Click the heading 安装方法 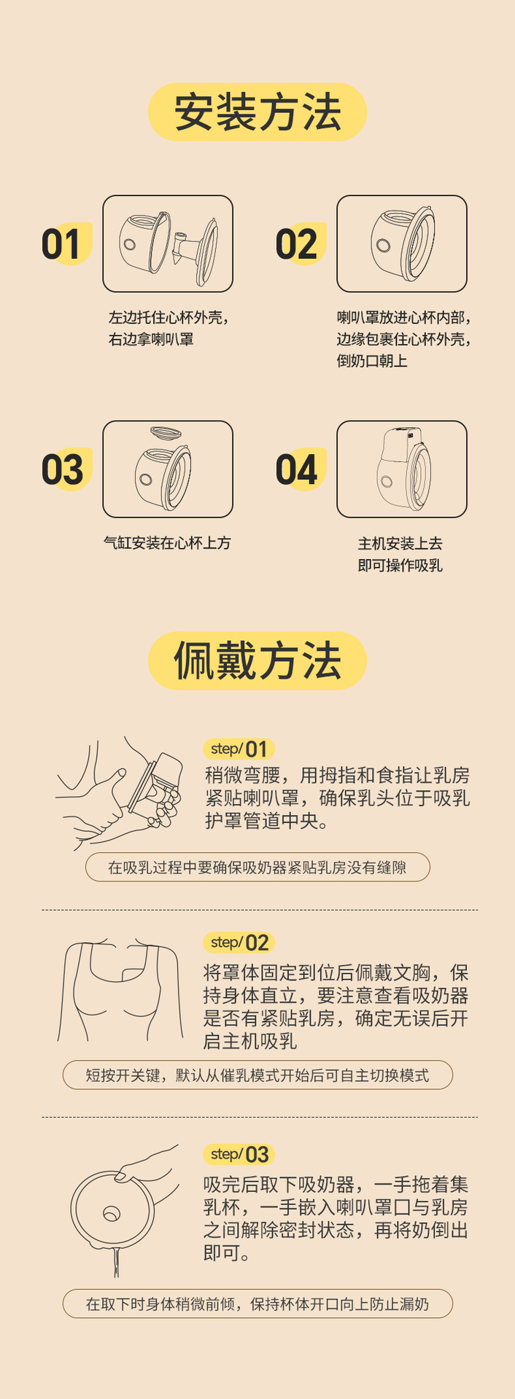click(x=257, y=112)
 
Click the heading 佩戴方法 click(x=257, y=660)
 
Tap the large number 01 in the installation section click(x=61, y=244)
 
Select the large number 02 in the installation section click(x=296, y=244)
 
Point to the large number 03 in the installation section click(x=62, y=469)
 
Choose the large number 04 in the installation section click(x=296, y=469)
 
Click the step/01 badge click(x=239, y=749)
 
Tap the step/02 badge click(x=239, y=943)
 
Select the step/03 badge click(x=239, y=1154)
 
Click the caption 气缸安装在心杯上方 click(x=167, y=543)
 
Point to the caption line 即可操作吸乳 click(x=400, y=565)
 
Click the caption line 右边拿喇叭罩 click(x=151, y=339)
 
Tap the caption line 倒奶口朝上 click(x=372, y=361)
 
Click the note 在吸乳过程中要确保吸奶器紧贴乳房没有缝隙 click(x=257, y=868)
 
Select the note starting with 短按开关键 click(x=257, y=1075)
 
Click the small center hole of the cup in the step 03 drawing click(x=112, y=1214)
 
